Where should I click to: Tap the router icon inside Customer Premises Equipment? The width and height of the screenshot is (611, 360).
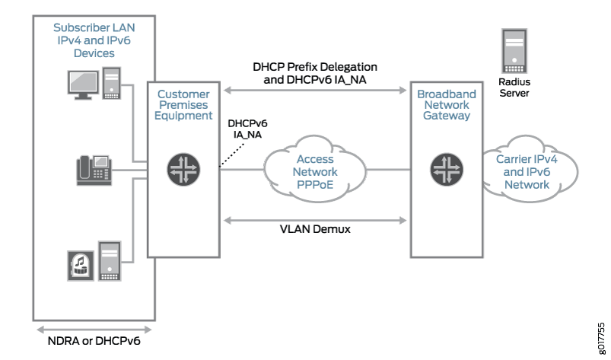point(184,169)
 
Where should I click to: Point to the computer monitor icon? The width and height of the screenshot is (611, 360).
point(84,81)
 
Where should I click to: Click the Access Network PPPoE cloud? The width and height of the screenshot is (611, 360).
point(315,172)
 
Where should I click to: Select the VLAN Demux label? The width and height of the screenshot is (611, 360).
point(315,229)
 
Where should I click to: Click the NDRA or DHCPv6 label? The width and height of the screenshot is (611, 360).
point(95,342)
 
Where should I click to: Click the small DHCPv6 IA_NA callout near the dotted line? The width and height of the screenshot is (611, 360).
point(248,128)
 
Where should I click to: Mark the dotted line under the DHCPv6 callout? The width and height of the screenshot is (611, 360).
point(231,155)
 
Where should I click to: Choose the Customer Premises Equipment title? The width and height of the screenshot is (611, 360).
point(184,105)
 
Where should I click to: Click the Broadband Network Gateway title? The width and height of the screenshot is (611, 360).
point(447,105)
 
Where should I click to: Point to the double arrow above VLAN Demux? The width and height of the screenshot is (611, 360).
point(315,218)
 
